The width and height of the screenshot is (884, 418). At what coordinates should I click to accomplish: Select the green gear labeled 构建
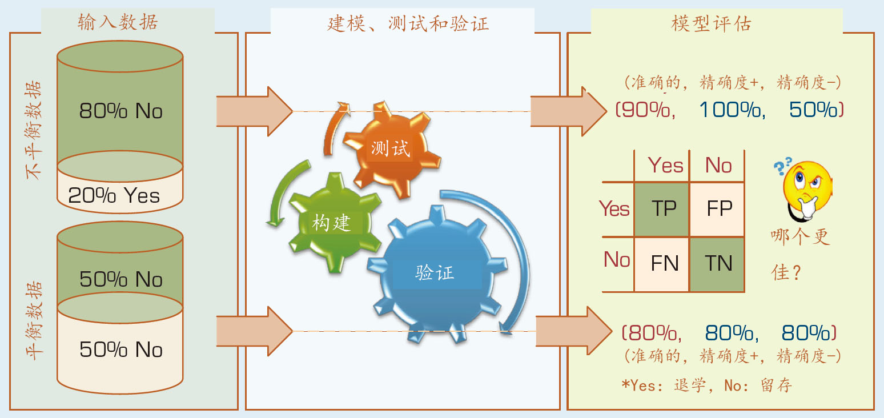[335, 223]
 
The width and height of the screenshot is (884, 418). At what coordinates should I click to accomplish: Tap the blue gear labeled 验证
[436, 273]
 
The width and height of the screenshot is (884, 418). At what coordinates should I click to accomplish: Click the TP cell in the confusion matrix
[662, 209]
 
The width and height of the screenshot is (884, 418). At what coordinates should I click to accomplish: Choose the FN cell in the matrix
[662, 264]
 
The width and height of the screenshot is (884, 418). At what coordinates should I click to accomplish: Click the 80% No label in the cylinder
[120, 111]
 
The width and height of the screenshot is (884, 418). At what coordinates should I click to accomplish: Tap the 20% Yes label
[114, 195]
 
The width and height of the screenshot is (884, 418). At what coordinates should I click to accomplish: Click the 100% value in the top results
[733, 110]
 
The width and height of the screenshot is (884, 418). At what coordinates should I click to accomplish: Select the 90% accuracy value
[646, 110]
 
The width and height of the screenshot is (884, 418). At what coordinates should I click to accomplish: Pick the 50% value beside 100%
[816, 110]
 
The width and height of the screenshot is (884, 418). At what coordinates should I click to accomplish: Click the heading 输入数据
[118, 22]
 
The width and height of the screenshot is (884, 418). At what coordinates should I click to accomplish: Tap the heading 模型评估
[711, 23]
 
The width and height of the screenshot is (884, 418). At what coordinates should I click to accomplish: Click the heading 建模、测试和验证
[408, 23]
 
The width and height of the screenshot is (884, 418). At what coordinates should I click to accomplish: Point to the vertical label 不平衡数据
[33, 130]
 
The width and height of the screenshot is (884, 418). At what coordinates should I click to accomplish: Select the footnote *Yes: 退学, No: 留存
[706, 385]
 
